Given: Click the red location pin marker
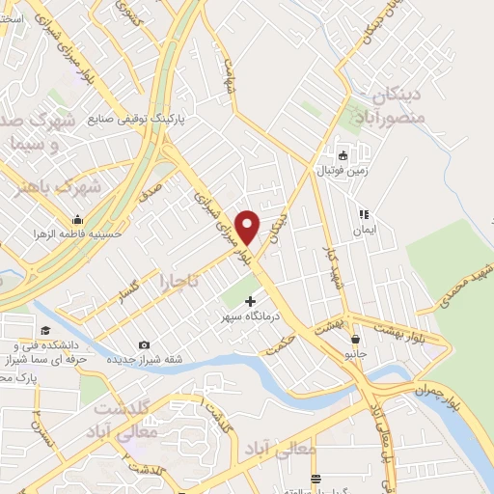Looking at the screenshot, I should coord(248,226).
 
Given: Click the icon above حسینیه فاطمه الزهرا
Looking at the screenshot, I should coord(76,217).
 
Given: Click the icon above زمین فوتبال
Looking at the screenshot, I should coord(343,154).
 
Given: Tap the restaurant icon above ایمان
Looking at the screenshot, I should coord(364,214).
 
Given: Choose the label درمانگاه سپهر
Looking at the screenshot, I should coord(251,316).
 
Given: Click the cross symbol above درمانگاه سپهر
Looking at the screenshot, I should coord(251,301).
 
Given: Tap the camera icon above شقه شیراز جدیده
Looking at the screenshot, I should coord(144,345).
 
